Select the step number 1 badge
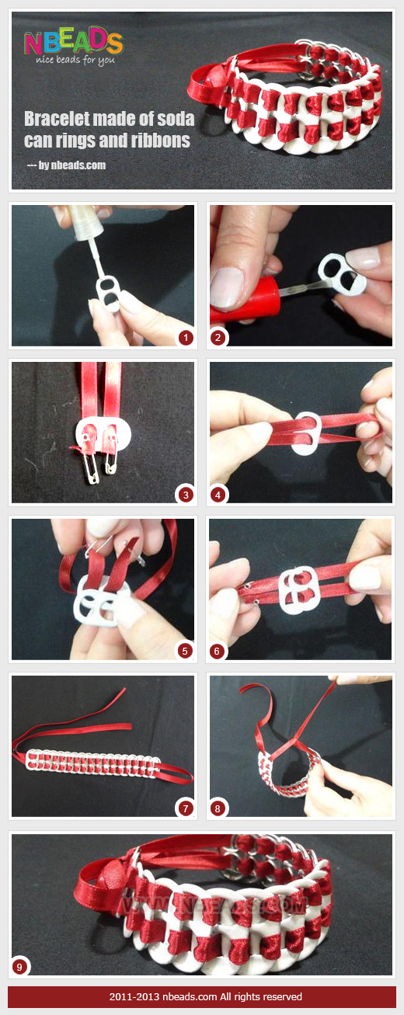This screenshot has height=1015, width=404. click(x=185, y=337)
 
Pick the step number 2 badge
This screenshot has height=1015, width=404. click(x=219, y=337)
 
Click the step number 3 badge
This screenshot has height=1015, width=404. click(x=185, y=494)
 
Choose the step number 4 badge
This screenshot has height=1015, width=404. click(x=219, y=494)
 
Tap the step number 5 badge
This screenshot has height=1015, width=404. click(x=185, y=651)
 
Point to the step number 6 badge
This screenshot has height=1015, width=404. click(x=219, y=651)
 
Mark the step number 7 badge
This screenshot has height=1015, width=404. click(x=185, y=808)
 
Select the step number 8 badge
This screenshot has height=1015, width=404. click(x=219, y=808)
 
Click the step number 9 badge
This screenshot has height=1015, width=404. click(x=19, y=967)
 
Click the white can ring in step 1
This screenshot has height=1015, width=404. click(x=106, y=291)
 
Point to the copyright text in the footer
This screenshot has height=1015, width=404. click(x=202, y=996)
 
